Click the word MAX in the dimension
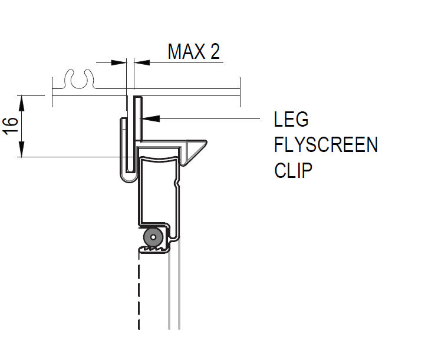point(185,52)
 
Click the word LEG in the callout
point(291,120)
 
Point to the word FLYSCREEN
point(326,145)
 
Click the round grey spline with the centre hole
point(153,237)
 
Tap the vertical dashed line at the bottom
point(139,295)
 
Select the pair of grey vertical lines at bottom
point(173,295)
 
